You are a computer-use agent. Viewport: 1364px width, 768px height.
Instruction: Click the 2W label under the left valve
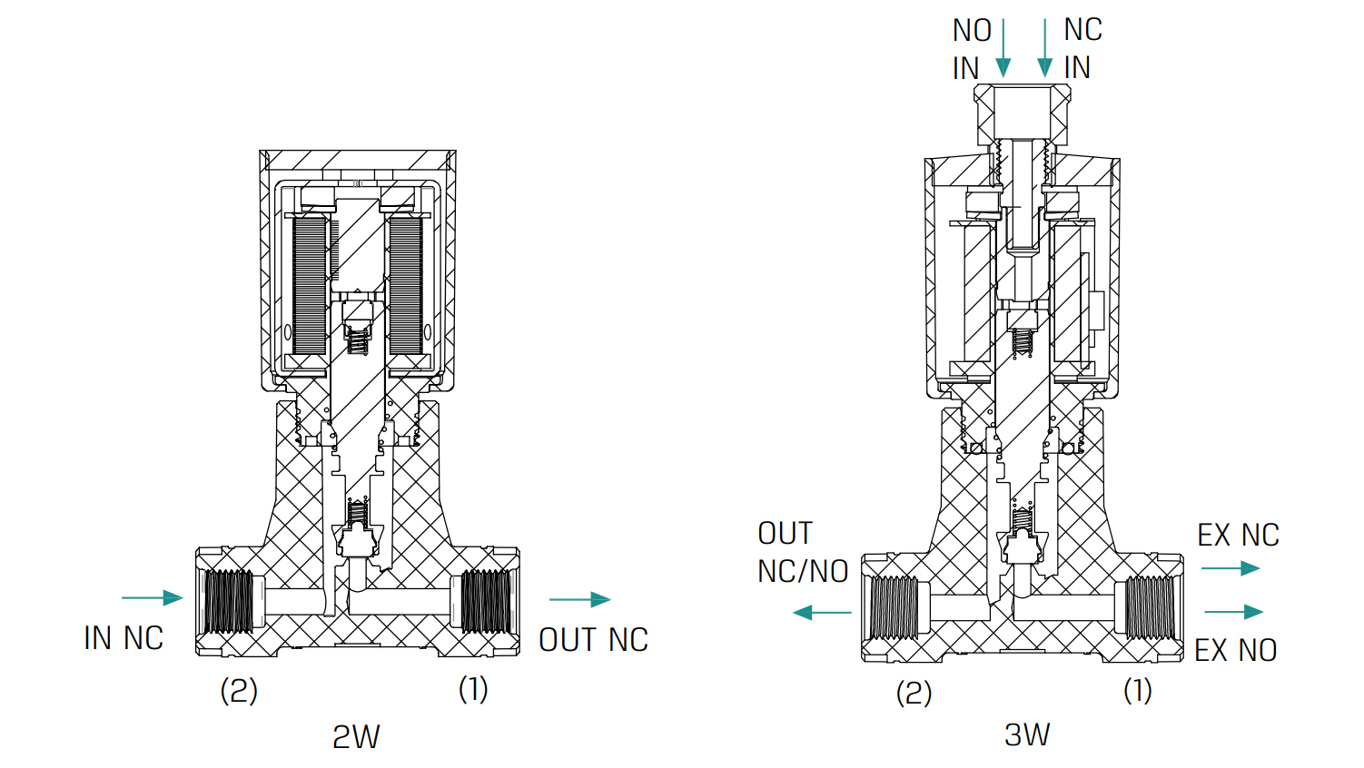pyautogui.click(x=356, y=736)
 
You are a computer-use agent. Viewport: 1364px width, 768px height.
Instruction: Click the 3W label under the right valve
pyautogui.click(x=1027, y=734)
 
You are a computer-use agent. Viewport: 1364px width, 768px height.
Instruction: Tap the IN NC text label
pyautogui.click(x=124, y=638)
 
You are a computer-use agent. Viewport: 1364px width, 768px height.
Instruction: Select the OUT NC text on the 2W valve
pyautogui.click(x=593, y=640)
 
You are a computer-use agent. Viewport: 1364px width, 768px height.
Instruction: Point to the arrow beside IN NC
pyautogui.click(x=153, y=597)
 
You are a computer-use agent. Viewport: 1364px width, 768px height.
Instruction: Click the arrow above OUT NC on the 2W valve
pyautogui.click(x=580, y=599)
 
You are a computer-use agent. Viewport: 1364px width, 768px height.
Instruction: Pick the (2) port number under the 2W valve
pyautogui.click(x=239, y=691)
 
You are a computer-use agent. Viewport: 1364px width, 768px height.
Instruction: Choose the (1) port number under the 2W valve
pyautogui.click(x=473, y=689)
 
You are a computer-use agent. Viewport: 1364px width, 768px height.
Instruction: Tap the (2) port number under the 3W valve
pyautogui.click(x=914, y=694)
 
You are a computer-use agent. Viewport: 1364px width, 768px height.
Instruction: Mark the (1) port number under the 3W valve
pyautogui.click(x=1137, y=691)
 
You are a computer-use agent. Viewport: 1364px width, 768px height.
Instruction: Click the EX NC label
pyautogui.click(x=1238, y=536)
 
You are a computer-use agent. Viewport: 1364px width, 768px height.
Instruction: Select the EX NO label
pyautogui.click(x=1235, y=650)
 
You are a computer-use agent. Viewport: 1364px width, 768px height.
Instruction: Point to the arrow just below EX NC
pyautogui.click(x=1231, y=568)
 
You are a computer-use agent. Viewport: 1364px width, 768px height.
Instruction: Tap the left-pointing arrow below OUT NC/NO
pyautogui.click(x=822, y=613)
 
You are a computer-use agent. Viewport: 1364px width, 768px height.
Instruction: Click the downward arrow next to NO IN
pyautogui.click(x=1003, y=49)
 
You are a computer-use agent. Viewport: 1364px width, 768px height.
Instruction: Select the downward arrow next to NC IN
pyautogui.click(x=1045, y=49)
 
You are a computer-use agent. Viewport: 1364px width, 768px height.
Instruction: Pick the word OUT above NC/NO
pyautogui.click(x=785, y=534)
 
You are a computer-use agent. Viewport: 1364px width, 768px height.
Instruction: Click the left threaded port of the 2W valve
pyautogui.click(x=228, y=601)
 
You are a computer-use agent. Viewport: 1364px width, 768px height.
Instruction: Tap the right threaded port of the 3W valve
pyautogui.click(x=1149, y=607)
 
